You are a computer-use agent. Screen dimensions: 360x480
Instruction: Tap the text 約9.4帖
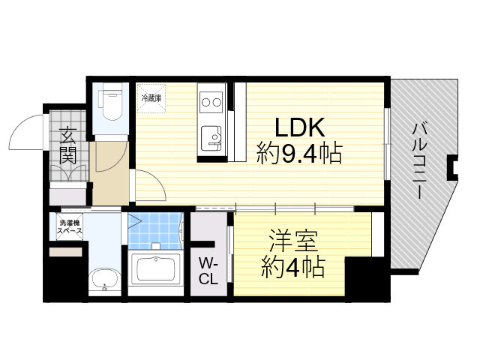point(299,155)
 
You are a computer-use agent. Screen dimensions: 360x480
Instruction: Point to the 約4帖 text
point(292,268)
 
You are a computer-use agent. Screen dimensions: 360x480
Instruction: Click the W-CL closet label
point(208,271)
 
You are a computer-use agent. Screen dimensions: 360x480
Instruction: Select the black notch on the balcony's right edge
point(453,167)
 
